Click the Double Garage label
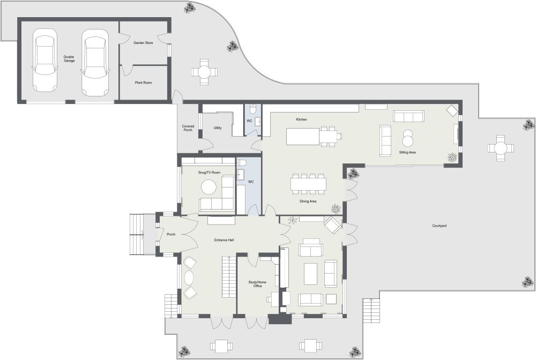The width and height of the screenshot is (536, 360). coord(69,58)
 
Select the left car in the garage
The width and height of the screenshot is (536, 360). coord(44,60)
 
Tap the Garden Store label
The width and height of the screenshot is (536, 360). coord(143,42)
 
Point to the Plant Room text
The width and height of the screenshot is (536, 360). coord(143,83)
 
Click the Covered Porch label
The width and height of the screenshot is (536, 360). coord(188,128)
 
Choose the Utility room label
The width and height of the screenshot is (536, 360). coord(218,128)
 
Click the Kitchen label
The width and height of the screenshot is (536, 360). coord(301,119)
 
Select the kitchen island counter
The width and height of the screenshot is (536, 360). coord(303,137)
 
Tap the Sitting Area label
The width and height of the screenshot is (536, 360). coord(407,153)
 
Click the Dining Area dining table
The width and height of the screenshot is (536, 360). coord(308,184)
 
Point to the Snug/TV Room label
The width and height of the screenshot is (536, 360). coord(209,172)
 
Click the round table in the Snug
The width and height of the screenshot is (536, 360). coord(208,187)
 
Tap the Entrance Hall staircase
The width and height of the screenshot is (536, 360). coord(228,276)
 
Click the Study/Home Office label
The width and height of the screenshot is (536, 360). coord(257,284)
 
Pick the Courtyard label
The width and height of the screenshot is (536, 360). coord(440,226)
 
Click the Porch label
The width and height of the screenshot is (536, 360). coord(171,234)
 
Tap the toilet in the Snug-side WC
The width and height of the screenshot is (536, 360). coord(242,162)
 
